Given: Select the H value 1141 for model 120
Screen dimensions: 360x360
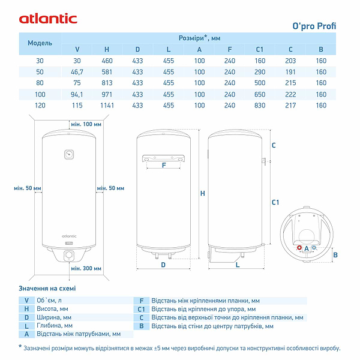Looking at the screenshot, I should tap(107, 105).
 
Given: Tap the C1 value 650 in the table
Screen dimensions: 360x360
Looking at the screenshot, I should tap(260, 94).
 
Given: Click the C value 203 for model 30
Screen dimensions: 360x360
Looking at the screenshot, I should tap(290, 61).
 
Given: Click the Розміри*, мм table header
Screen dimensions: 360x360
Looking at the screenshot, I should tap(199, 37).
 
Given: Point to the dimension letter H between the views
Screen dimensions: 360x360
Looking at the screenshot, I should tap(202, 193).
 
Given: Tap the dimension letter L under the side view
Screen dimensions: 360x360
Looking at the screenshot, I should tap(238, 264).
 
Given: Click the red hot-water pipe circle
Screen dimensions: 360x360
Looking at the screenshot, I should tap(299, 248).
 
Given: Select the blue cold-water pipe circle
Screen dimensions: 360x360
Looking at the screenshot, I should tap(314, 248).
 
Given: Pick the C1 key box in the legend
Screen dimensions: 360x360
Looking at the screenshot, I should tap(141, 308).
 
